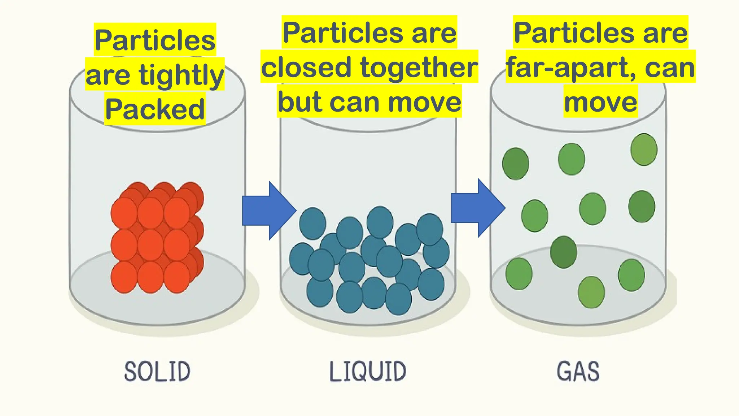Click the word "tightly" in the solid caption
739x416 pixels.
pyautogui.click(x=181, y=76)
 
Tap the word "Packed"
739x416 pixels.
pyautogui.click(x=155, y=109)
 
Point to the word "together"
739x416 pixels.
pyautogui.click(x=419, y=68)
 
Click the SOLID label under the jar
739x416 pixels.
pyautogui.click(x=157, y=371)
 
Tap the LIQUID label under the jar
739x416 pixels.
pyautogui.click(x=368, y=371)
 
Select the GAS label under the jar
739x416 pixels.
pyautogui.click(x=578, y=371)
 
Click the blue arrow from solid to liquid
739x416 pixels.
pyautogui.click(x=269, y=211)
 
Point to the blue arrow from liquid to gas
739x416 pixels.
pyautogui.click(x=478, y=208)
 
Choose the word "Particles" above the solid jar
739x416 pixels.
pyautogui.click(x=155, y=40)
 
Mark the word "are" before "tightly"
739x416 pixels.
pyautogui.click(x=108, y=75)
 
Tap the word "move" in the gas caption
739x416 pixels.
pyautogui.click(x=600, y=102)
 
